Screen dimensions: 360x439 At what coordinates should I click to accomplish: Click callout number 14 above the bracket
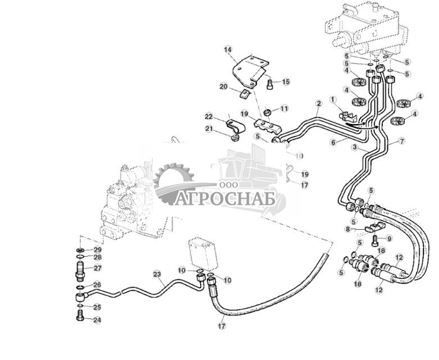(x=228, y=50)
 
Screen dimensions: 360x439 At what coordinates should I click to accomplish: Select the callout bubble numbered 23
(x=157, y=274)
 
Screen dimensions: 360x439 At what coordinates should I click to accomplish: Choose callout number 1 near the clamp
(x=332, y=100)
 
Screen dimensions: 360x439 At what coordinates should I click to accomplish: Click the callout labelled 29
(x=97, y=249)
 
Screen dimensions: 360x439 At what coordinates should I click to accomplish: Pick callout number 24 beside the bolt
(x=97, y=321)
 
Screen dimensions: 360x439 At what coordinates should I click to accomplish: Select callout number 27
(x=97, y=268)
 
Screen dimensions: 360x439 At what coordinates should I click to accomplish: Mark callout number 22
(x=209, y=117)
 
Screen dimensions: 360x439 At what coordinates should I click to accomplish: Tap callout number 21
(x=209, y=129)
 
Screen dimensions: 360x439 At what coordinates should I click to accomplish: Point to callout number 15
(x=286, y=82)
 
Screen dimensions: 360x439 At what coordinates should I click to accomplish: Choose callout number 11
(x=284, y=108)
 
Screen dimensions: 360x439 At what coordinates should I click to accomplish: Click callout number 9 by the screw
(x=389, y=238)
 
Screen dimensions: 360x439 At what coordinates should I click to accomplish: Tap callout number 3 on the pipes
(x=355, y=148)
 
